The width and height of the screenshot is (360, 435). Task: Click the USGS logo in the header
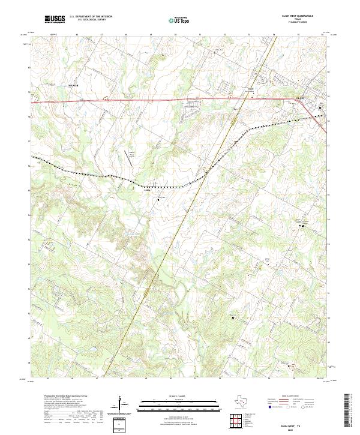tap(55, 19)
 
